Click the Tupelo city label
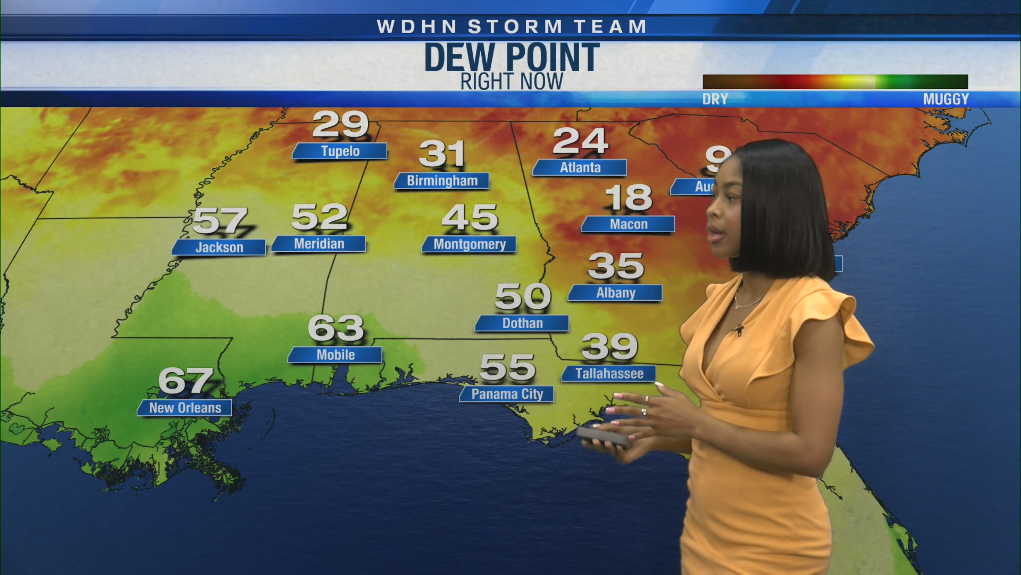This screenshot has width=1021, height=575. point(340,151)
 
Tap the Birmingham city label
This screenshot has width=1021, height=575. point(442,181)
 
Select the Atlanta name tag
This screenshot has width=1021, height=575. point(580,168)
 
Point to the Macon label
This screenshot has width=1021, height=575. point(628,224)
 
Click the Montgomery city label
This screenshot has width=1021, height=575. point(469,244)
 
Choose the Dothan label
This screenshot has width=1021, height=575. point(522,323)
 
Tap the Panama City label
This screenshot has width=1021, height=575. point(507,394)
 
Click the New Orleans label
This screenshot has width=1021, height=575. point(185,408)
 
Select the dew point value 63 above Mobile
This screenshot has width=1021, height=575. point(336,328)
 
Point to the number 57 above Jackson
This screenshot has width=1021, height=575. point(220,220)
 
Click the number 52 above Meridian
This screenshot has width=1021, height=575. point(319,217)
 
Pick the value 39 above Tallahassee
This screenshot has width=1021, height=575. point(609,347)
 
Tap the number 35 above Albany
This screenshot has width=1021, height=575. point(616,266)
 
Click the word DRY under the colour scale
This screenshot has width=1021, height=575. point(715,100)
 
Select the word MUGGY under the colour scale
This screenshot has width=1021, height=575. point(945,100)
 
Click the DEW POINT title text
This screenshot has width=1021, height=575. point(512,57)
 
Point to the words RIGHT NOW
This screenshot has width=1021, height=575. point(512,82)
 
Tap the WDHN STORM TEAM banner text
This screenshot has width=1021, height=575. point(512,27)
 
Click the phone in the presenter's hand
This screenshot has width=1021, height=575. point(604,436)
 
